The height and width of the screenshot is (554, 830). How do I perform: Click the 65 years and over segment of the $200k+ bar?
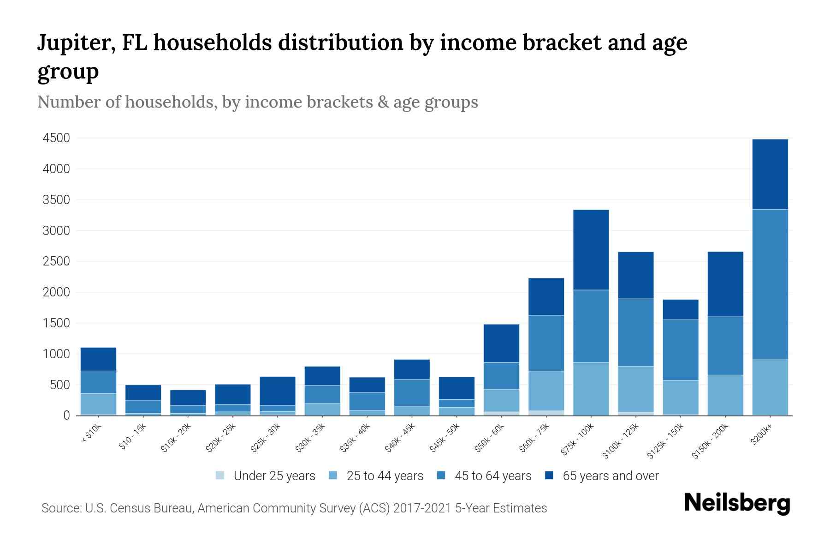pos(770,175)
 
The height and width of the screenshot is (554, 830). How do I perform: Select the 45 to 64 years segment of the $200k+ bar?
pos(770,284)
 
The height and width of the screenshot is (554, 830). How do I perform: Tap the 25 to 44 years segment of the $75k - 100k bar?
pos(591,389)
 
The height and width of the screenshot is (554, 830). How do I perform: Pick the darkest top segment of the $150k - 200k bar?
pos(725,284)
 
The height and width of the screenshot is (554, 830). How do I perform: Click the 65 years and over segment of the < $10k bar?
pos(98,359)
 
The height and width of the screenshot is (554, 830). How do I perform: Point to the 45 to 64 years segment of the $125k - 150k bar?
pos(681,350)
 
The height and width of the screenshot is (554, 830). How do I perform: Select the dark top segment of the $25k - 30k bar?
pos(278,391)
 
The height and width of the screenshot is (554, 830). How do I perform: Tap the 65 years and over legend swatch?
pos(549,476)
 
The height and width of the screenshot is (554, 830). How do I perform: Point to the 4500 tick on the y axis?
pos(56,138)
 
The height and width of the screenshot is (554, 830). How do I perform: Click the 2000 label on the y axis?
pos(56,292)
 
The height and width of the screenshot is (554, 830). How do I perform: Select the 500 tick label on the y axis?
pos(60,385)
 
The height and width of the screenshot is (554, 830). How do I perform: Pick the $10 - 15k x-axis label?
pos(133,437)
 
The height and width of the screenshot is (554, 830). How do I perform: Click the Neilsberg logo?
pos(737,503)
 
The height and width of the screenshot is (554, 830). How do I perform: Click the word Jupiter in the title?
pos(76,42)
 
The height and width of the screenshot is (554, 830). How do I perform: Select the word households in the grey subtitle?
pos(170,102)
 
